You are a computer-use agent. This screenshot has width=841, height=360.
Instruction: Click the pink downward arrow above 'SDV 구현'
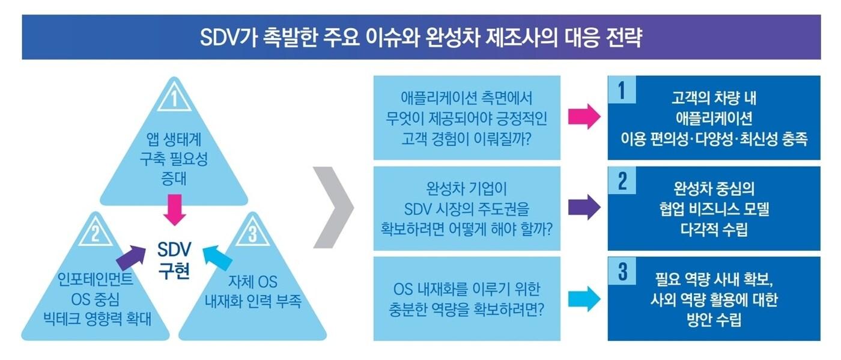coord(174,209)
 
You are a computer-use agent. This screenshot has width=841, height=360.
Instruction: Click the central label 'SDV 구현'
coord(174,260)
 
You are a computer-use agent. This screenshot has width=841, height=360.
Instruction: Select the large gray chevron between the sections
coord(335,207)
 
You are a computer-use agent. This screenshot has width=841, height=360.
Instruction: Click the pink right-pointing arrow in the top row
coord(584,117)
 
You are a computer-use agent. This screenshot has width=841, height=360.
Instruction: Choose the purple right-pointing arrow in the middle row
coord(584,207)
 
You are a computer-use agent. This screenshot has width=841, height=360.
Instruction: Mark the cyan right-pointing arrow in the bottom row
coord(584,298)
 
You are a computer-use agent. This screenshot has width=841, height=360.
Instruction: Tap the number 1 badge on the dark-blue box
coord(622,91)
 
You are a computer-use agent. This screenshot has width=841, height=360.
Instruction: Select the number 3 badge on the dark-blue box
coord(622,273)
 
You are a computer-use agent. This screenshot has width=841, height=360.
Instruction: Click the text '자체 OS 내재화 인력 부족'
coord(253,291)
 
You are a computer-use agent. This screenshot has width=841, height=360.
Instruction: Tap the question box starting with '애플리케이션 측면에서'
coord(466,118)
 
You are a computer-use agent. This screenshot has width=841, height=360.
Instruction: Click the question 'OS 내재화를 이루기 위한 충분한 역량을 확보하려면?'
coord(466,299)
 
